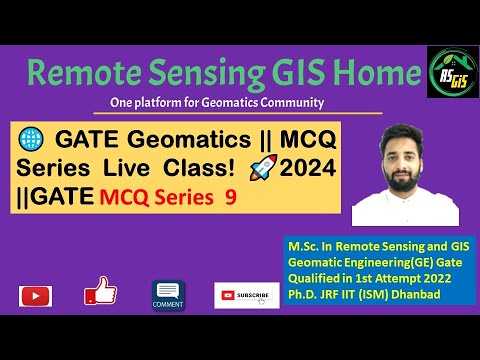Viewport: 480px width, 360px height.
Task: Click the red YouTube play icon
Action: click(36, 295)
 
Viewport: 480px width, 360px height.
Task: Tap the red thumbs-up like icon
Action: click(100, 291)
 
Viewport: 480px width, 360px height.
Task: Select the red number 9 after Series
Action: click(231, 199)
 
